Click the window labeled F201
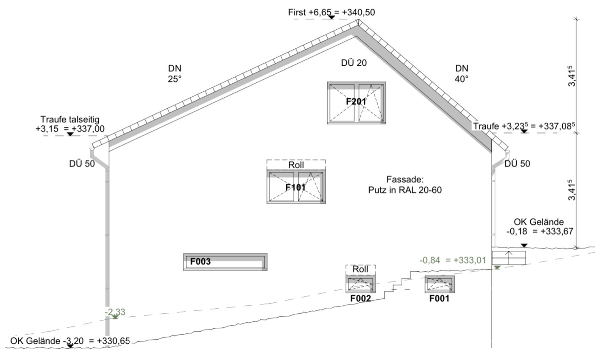coord(356,103)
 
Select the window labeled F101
coord(296,187)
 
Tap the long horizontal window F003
coord(225,262)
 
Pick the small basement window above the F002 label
coord(360,284)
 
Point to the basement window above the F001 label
coord(440,284)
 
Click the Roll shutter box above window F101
coord(296,165)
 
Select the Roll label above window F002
coord(360,269)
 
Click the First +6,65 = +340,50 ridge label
coord(331,12)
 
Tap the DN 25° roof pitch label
coord(174,73)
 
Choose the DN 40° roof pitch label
coord(462,73)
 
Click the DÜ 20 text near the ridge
coord(354,63)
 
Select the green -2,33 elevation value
coord(115,312)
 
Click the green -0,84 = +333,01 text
coord(452,260)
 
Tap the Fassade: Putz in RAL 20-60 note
coord(405,185)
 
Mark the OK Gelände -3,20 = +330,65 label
coord(70,341)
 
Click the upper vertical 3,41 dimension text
coord(572,76)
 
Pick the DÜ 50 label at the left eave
coord(82,163)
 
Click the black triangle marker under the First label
coord(331,17)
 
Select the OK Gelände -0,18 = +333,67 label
coord(539,227)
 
